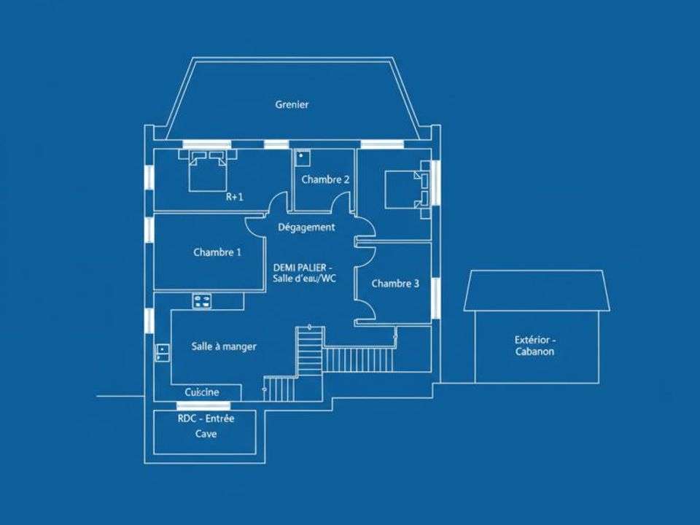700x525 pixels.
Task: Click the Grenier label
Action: [292, 105]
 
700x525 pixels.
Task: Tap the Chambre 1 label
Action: [217, 252]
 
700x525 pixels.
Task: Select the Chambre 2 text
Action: [325, 179]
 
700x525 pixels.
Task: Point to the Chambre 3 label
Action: [395, 284]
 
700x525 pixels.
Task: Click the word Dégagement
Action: [306, 227]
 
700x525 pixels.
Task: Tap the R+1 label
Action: [234, 197]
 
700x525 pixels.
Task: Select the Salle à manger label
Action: [224, 346]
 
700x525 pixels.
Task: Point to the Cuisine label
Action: [202, 392]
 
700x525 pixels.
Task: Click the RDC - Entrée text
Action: [206, 419]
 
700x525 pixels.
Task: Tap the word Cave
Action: [206, 433]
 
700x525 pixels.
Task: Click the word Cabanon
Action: [534, 351]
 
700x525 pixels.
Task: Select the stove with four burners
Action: [202, 300]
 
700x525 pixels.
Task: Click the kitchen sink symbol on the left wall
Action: [162, 352]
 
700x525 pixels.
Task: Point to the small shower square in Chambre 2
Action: [302, 156]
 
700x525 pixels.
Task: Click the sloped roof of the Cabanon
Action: [537, 291]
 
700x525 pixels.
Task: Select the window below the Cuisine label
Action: [203, 405]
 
